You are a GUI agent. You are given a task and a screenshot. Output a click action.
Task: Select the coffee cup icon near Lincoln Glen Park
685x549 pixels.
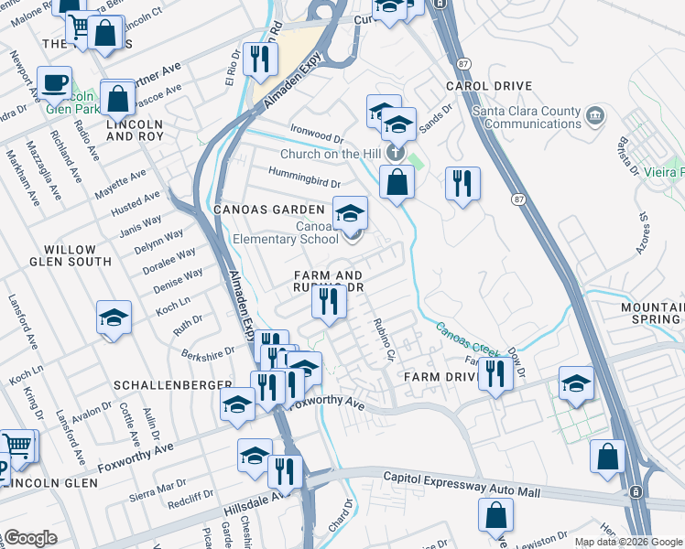54,82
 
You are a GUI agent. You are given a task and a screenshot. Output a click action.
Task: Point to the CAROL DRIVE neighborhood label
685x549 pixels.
483,86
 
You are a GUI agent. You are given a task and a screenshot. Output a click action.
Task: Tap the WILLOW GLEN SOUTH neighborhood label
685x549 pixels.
70,255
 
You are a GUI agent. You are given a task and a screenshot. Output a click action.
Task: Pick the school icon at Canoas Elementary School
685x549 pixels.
349,214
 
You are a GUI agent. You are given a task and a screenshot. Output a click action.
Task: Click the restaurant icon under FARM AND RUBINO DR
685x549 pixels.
329,301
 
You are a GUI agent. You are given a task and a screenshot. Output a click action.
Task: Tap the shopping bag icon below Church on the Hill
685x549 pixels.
397,181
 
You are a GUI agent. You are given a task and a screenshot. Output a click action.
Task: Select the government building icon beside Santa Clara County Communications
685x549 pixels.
596,115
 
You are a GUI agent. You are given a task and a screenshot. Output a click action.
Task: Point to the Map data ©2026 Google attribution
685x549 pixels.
627,542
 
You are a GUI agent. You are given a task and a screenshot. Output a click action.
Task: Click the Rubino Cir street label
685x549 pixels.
383,339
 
